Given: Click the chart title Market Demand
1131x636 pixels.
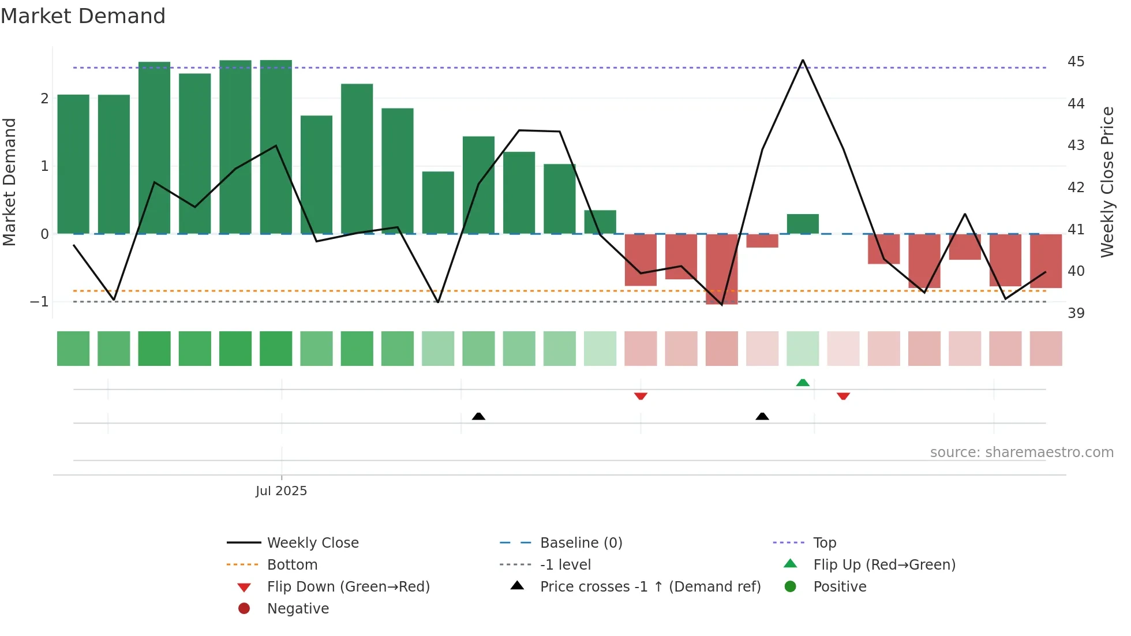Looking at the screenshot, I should click(x=83, y=16).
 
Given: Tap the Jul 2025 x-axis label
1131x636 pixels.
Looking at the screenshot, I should click(x=281, y=491).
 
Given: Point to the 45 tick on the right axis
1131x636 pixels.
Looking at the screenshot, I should click(x=1076, y=61).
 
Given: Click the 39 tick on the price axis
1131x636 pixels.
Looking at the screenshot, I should click(x=1076, y=313).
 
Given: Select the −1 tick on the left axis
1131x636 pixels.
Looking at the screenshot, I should click(x=39, y=301).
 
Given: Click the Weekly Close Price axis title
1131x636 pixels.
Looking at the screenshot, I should click(x=1107, y=182).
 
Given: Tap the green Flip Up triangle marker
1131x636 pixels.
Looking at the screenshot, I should click(x=803, y=383).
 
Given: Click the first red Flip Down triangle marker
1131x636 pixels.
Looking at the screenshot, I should click(x=641, y=396).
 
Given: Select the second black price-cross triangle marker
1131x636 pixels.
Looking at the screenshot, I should click(x=762, y=416).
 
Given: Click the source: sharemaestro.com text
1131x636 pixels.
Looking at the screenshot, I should click(x=1021, y=452).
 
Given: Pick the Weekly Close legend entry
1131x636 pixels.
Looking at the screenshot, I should click(x=312, y=543).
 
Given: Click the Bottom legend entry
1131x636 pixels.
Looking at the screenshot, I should click(x=292, y=564).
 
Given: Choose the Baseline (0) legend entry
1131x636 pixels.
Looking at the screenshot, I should click(x=581, y=543).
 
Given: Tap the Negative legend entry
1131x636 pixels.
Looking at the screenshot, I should click(x=298, y=608).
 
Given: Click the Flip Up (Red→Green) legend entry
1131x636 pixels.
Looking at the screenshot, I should click(x=884, y=564).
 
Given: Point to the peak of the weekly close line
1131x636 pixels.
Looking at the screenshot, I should click(x=803, y=61).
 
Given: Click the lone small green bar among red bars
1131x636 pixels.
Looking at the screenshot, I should click(x=803, y=224).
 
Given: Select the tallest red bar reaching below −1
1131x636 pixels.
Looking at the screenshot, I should click(x=721, y=269).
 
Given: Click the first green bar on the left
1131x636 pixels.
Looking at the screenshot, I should click(x=73, y=164).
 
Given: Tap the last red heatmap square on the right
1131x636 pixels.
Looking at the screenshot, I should click(x=1046, y=349).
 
